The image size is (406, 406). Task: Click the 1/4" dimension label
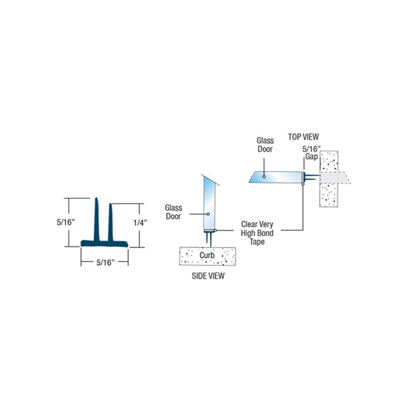tap(140, 223)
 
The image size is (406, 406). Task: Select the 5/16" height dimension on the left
tap(66, 222)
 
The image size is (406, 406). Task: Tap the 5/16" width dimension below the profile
tap(106, 262)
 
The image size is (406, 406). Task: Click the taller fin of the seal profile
tap(96, 220)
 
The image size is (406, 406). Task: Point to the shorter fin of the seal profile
tap(111, 222)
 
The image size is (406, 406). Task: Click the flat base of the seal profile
tap(105, 244)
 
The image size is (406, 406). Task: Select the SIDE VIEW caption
tap(208, 276)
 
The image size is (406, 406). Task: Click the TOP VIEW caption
tap(303, 137)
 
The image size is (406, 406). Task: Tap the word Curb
tap(207, 255)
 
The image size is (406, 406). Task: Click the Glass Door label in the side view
tap(174, 212)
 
